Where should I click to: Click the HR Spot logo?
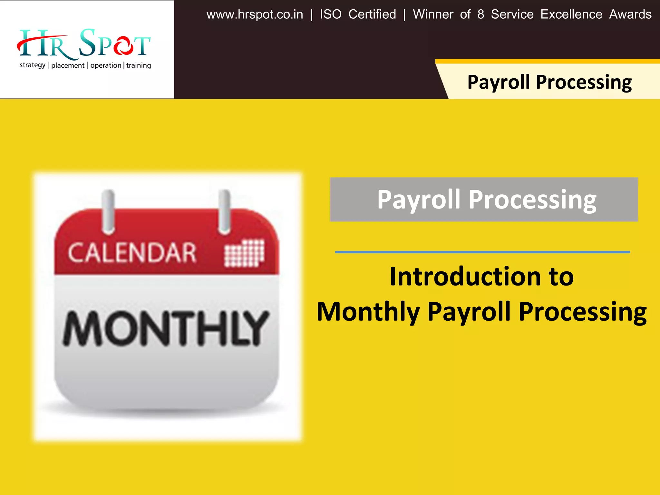click(84, 44)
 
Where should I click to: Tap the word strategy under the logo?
click(32, 65)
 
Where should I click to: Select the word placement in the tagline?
click(67, 65)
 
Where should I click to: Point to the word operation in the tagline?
click(106, 65)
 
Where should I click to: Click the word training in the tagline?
click(139, 65)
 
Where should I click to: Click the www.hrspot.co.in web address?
click(255, 15)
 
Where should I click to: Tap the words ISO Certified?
click(358, 15)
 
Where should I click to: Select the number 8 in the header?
click(480, 15)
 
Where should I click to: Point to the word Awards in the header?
click(630, 15)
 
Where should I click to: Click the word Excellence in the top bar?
click(571, 15)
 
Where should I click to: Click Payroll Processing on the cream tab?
click(549, 82)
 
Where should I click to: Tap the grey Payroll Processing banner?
click(483, 199)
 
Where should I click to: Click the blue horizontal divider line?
click(482, 252)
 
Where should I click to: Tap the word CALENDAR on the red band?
click(132, 253)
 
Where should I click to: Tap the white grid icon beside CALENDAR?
click(244, 253)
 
